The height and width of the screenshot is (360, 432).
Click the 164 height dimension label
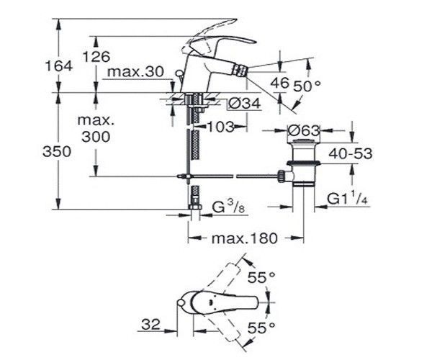click(59, 66)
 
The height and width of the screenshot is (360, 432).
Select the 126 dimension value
click(96, 57)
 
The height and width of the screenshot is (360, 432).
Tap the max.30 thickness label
click(135, 71)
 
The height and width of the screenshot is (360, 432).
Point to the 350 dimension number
click(57, 151)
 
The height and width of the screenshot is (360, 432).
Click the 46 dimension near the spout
click(279, 82)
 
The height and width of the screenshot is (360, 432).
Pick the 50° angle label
click(307, 86)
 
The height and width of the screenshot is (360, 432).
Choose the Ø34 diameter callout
click(244, 104)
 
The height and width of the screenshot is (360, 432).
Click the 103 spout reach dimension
click(220, 127)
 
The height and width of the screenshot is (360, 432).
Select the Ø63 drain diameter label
click(303, 130)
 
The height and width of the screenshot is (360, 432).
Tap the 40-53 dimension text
click(351, 153)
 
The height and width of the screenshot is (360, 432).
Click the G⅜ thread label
click(229, 207)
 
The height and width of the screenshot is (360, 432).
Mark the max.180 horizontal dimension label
click(244, 238)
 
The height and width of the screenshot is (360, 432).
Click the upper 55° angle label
click(261, 277)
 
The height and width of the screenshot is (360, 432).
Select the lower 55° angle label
click(261, 328)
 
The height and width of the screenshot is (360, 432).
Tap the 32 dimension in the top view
click(150, 324)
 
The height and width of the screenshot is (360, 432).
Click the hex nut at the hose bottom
click(195, 207)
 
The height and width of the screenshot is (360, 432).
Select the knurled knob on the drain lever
click(282, 176)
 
